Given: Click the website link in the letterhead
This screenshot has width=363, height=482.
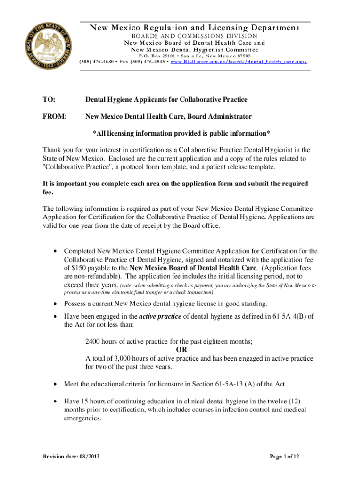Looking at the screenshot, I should click(239, 62).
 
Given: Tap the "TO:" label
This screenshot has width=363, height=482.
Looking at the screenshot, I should click(49, 100).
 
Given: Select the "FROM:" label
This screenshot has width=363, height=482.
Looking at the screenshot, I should click(54, 116).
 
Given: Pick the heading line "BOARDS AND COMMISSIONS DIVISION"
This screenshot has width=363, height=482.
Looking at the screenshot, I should click(194, 36).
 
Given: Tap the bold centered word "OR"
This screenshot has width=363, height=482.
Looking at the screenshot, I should click(181, 350).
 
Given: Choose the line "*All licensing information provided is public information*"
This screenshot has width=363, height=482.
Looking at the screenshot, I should click(181, 133).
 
